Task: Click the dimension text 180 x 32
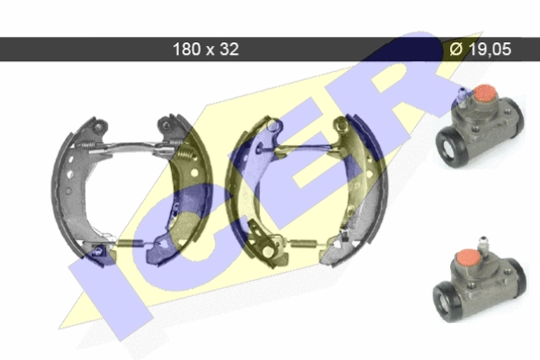tap(205, 49)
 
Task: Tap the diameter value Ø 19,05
tap(480, 49)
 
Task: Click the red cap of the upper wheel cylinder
tap(485, 94)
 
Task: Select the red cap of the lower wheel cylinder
tap(468, 258)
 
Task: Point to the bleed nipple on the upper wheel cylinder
tap(463, 95)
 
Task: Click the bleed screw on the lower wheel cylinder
tap(484, 246)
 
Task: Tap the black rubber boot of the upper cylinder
tap(449, 147)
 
